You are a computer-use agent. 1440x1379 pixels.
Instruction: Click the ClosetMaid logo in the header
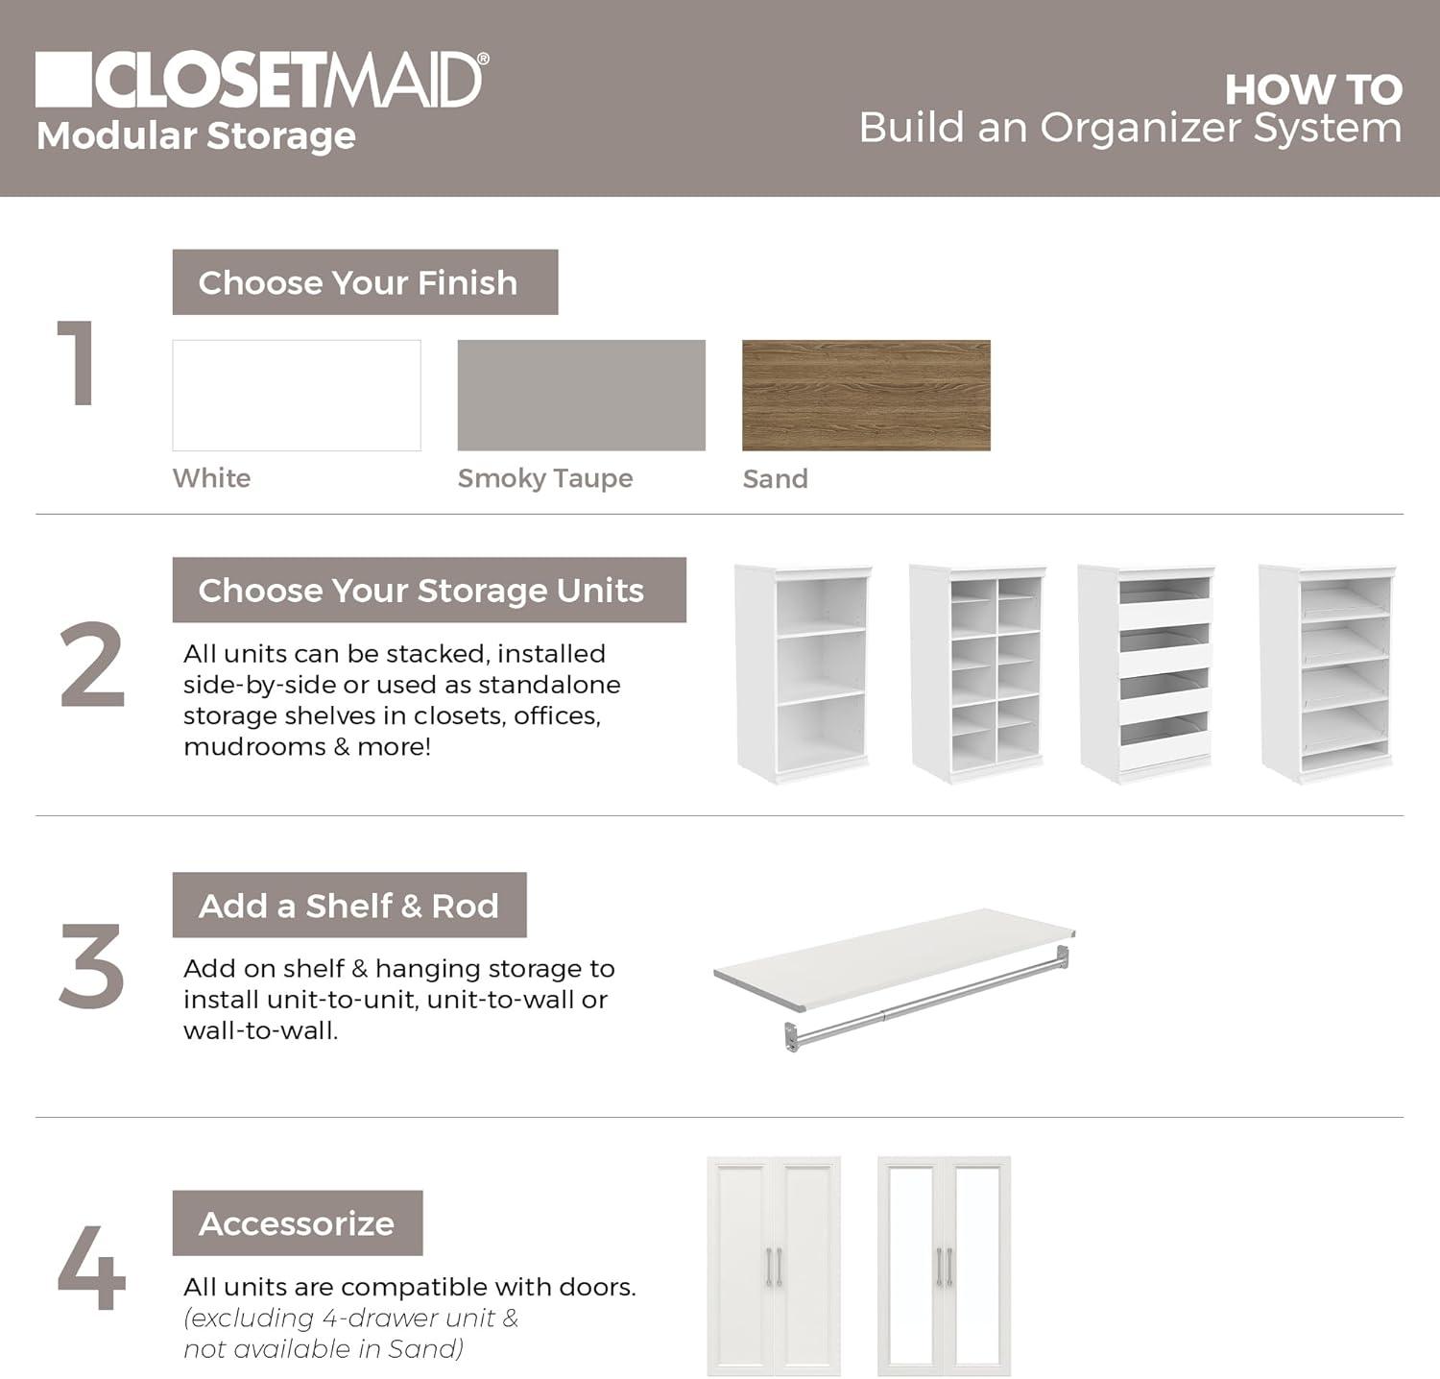(259, 80)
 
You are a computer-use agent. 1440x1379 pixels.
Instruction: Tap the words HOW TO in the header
(1312, 90)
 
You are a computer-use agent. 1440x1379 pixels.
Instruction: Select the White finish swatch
(297, 395)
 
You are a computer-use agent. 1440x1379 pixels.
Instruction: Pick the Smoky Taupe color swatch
(581, 395)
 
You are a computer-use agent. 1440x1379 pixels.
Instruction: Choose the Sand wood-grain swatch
(866, 395)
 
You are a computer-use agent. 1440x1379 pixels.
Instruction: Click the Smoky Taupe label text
(544, 478)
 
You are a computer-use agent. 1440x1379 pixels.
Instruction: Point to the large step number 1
(77, 364)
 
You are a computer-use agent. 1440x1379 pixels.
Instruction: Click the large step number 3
(91, 966)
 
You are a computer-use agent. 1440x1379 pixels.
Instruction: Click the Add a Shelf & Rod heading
(348, 905)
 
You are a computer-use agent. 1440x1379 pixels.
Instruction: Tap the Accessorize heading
(297, 1223)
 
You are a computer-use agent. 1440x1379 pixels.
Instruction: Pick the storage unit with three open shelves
(804, 672)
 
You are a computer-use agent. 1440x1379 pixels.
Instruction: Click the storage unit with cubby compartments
(977, 672)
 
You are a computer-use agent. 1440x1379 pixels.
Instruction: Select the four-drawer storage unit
(1146, 672)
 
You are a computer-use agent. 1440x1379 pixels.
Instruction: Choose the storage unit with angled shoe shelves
(1327, 672)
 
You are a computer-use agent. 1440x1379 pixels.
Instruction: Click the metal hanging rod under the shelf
(922, 1004)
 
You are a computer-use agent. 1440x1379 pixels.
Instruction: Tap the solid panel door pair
(774, 1266)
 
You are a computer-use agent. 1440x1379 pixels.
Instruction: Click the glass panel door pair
(944, 1266)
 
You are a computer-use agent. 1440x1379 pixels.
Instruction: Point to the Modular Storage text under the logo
(196, 135)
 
